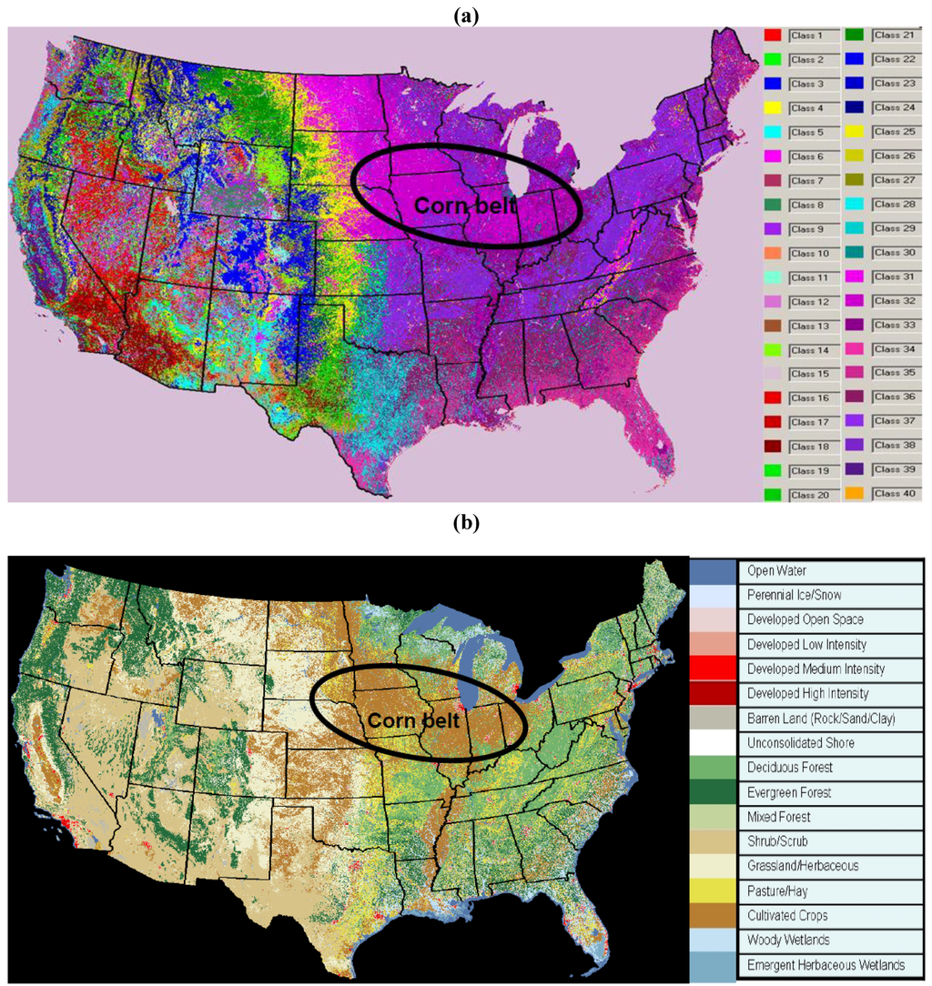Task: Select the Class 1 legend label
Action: tap(806, 35)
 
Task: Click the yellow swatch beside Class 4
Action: tap(773, 108)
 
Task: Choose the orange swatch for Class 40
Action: tap(856, 494)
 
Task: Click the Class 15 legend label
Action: tap(806, 373)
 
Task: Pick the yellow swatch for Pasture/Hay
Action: tap(712, 890)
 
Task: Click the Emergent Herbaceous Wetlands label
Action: tap(826, 964)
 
